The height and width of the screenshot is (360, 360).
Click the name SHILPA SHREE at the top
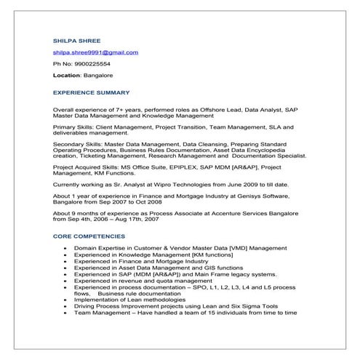pos(76,40)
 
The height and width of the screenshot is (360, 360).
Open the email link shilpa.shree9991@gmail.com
pos(95,52)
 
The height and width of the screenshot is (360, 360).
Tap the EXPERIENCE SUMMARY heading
pos(92,92)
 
